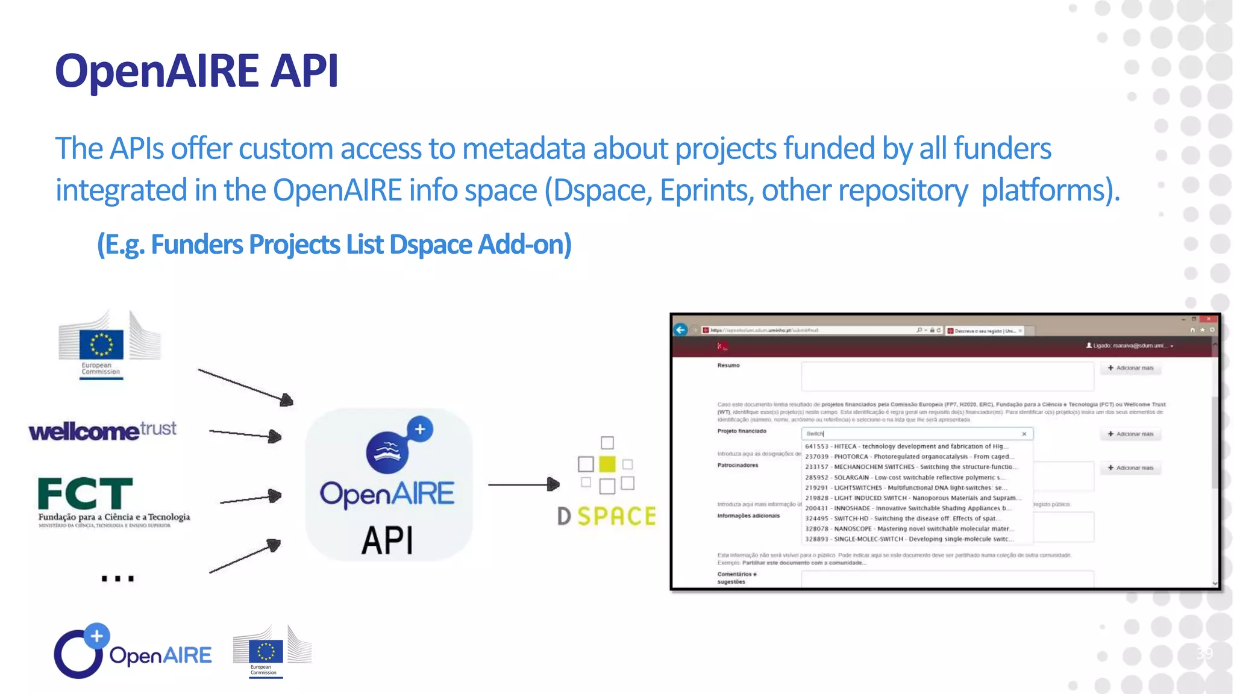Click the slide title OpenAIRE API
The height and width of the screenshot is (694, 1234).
point(196,71)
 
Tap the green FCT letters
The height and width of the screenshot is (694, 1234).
point(85,493)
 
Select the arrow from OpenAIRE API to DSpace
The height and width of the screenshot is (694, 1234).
point(523,484)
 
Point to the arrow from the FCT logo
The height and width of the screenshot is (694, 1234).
point(250,498)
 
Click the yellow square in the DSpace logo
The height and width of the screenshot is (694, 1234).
point(607,464)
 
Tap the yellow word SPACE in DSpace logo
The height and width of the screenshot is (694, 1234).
point(616,516)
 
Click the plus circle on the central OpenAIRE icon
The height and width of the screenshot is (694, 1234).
point(420,430)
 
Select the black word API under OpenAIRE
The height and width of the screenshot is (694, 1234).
point(387,540)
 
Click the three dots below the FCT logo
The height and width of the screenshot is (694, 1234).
point(117,578)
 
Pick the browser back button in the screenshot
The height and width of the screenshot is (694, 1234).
point(680,330)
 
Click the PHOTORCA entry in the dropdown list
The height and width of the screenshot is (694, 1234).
point(909,457)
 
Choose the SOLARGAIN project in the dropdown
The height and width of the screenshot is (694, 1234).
point(904,477)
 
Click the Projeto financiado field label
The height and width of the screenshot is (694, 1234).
point(742,431)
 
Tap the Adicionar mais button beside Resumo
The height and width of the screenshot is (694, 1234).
point(1130,368)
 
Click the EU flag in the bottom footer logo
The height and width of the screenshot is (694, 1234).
point(266,651)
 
